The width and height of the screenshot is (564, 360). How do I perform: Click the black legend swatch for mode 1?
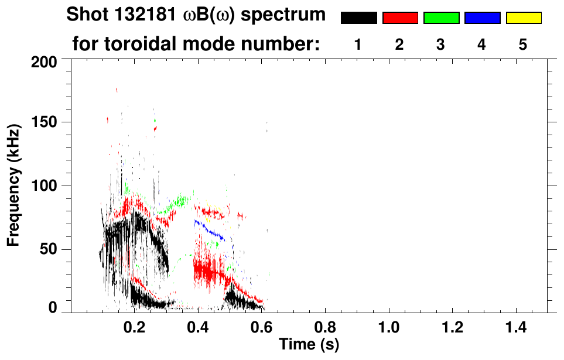point(358,18)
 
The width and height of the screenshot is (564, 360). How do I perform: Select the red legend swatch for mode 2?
point(400,18)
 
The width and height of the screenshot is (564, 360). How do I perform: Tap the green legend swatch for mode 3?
point(441,18)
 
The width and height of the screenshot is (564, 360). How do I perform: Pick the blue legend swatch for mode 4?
point(482,18)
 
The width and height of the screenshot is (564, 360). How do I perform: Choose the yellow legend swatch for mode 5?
point(523,18)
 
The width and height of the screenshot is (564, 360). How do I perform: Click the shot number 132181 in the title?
point(142,15)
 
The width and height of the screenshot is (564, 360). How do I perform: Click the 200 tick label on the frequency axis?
point(44,61)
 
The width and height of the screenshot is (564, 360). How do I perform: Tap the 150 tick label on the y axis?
point(44,123)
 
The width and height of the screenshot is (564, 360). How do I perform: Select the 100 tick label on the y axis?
point(44,186)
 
